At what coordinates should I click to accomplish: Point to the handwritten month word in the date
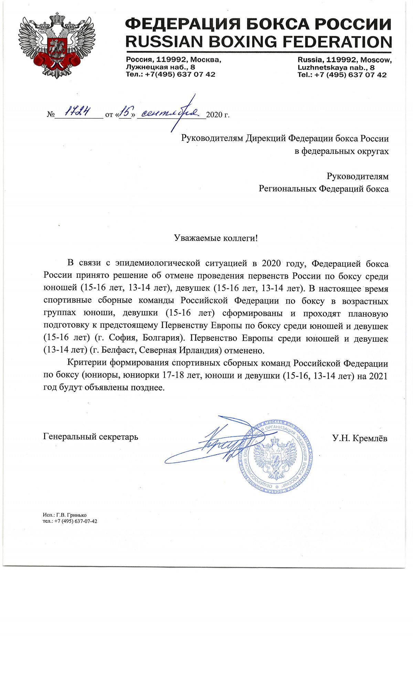coord(170,113)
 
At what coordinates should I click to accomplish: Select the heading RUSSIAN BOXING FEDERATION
coord(258,42)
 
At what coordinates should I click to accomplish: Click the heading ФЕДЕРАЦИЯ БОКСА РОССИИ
coord(258,24)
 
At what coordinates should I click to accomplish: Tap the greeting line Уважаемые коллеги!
coord(216,238)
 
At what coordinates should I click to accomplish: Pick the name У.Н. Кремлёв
coord(360,438)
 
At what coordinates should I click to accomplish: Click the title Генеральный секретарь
coord(91,437)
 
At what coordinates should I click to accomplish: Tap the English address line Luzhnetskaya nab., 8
coord(336,67)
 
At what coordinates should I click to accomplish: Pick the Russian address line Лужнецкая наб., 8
coord(160,67)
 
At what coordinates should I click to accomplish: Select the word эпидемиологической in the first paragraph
coord(158,263)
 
